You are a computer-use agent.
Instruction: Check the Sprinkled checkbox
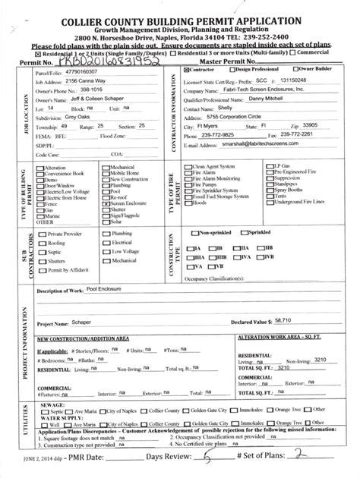(x=247, y=231)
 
